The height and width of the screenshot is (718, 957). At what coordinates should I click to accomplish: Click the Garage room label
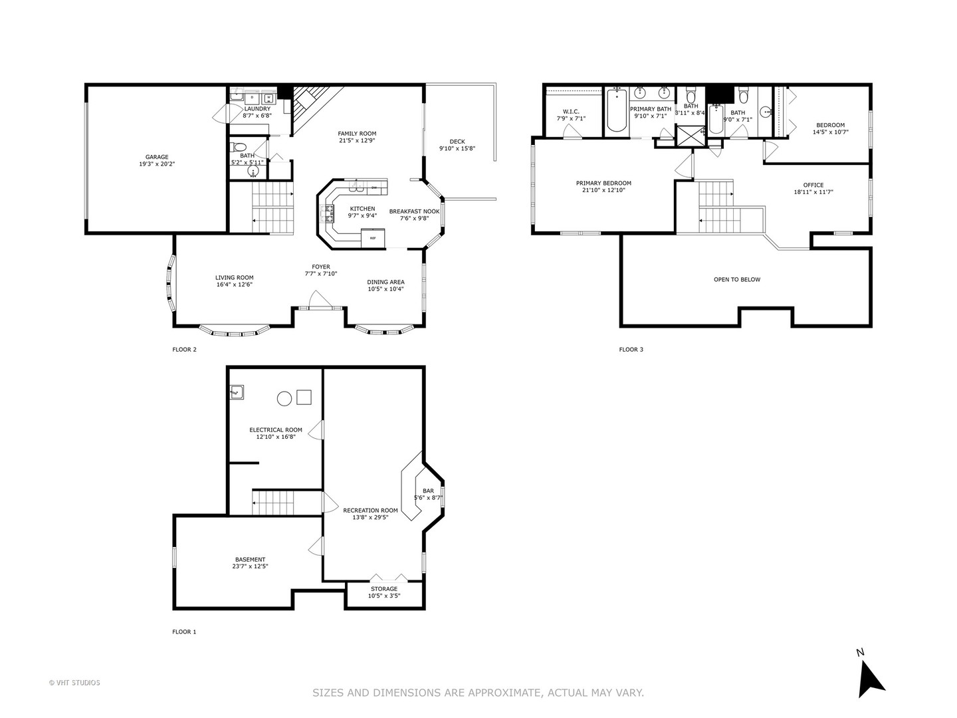157,158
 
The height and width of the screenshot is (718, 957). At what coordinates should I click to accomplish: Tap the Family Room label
357,134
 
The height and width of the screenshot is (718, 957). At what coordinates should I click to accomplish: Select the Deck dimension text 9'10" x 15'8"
457,149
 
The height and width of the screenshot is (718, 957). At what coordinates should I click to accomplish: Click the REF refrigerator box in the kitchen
373,237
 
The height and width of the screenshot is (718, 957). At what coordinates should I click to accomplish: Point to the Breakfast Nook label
414,211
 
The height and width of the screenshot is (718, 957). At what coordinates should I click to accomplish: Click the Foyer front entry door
319,307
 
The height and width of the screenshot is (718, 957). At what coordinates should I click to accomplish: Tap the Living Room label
234,278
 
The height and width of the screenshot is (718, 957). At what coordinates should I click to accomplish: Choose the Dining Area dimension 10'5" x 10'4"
385,289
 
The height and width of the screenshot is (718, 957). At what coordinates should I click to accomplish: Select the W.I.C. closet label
571,112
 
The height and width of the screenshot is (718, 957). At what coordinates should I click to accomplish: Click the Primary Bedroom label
603,183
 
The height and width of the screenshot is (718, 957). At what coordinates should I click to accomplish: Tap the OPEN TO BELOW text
737,280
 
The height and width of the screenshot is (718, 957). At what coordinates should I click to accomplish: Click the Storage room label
384,589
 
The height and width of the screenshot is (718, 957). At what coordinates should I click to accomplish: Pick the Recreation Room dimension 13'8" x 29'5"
370,517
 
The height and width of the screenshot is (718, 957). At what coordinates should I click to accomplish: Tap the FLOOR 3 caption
631,350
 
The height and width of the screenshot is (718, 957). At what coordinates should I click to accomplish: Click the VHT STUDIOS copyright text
74,683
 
